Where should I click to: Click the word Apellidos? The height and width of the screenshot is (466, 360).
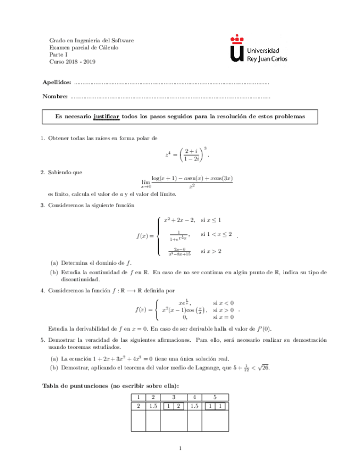click(x=57, y=82)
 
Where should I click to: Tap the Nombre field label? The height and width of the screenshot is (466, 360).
click(x=55, y=97)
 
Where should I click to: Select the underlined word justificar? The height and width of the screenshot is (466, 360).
click(x=107, y=117)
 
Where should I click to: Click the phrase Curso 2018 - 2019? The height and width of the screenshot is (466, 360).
click(x=73, y=62)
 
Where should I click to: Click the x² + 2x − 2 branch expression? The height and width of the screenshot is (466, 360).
click(x=180, y=220)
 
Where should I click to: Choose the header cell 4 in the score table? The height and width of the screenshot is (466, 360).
click(x=194, y=397)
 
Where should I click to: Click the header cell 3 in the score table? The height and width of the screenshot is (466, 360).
click(x=174, y=397)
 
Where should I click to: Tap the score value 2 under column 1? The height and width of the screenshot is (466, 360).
click(x=139, y=406)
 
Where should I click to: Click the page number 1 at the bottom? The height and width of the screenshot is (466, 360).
click(x=180, y=450)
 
